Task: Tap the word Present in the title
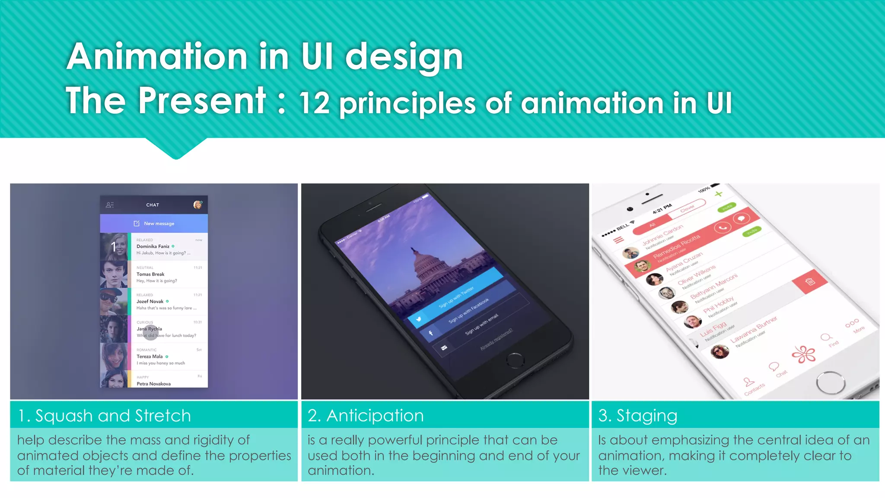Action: (202, 100)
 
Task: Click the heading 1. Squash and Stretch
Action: (104, 415)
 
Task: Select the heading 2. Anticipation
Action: (366, 415)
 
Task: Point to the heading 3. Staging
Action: (638, 415)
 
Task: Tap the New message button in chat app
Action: (154, 223)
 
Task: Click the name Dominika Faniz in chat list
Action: (153, 246)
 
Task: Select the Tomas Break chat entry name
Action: (150, 274)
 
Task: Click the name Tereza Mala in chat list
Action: (150, 357)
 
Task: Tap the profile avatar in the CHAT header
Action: (197, 204)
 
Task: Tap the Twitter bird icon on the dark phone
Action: (418, 319)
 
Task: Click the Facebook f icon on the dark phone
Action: (431, 333)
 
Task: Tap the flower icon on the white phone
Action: (803, 354)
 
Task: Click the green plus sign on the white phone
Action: (718, 194)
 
